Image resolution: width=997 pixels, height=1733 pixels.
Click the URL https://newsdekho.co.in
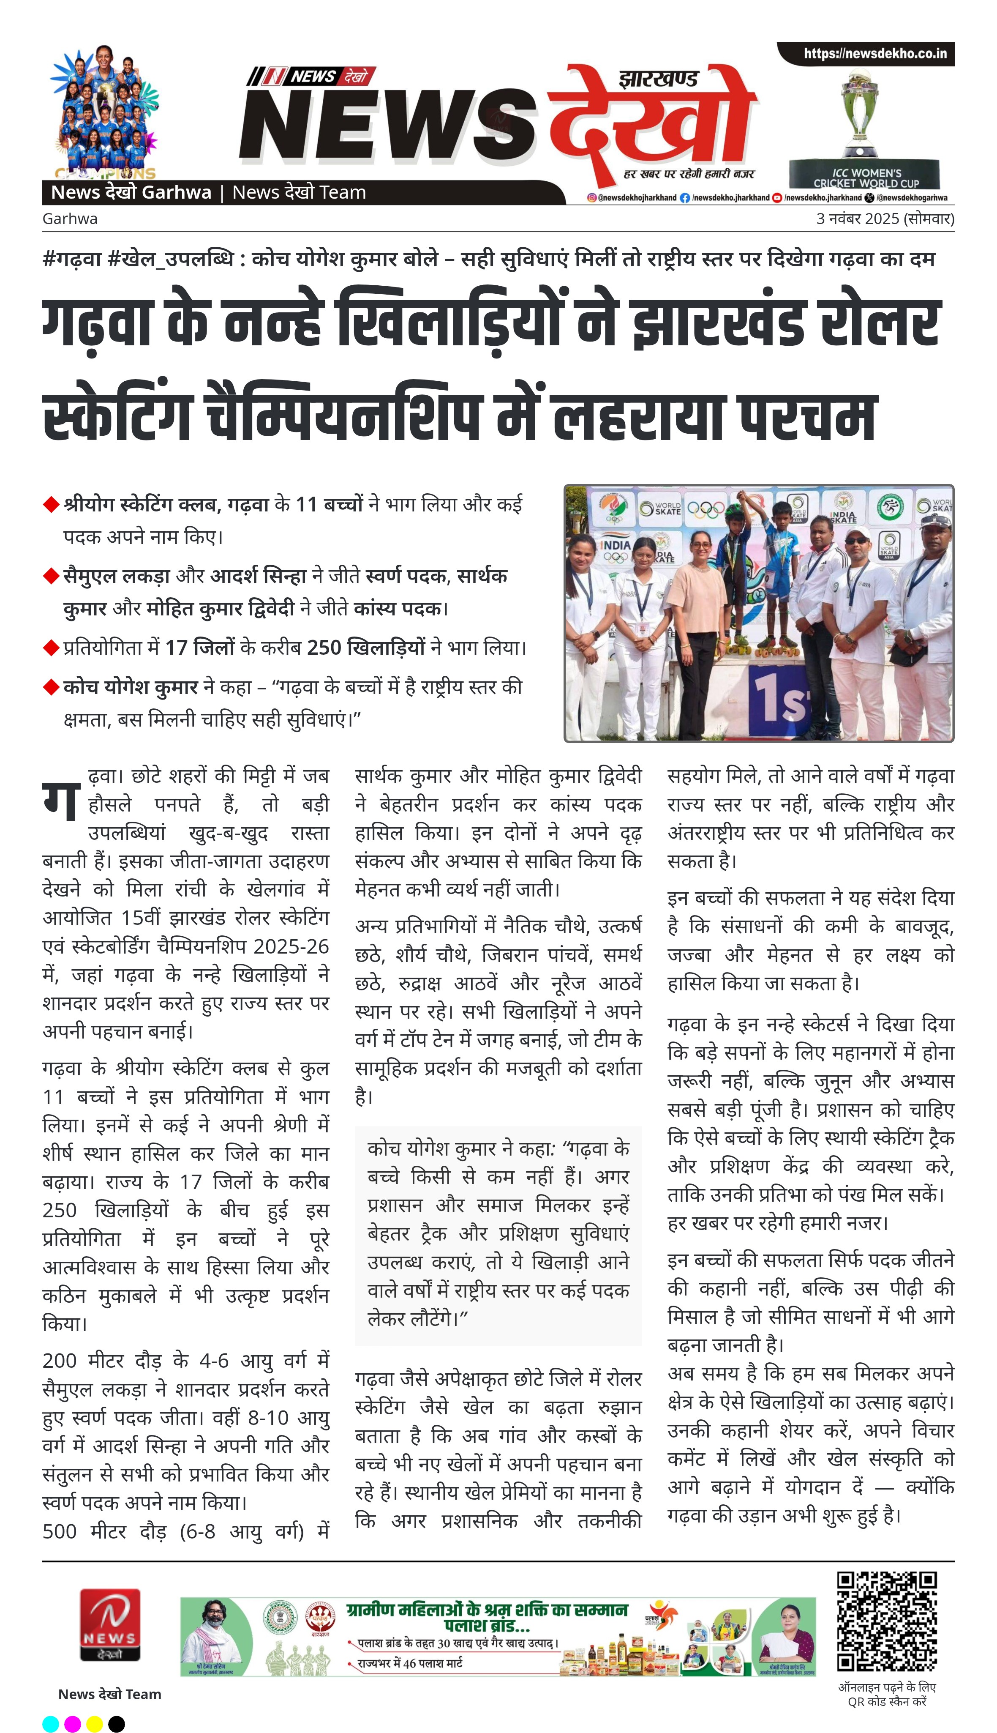click(x=874, y=53)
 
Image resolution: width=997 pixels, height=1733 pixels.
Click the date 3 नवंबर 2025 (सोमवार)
click(x=885, y=219)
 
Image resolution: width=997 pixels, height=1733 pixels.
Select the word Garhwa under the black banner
click(x=70, y=219)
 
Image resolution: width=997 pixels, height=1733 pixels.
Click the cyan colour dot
click(x=51, y=1724)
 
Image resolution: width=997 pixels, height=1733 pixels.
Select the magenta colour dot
click(x=73, y=1724)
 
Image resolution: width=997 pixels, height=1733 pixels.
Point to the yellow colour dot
click(x=95, y=1724)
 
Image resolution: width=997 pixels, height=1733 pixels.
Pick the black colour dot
click(x=117, y=1724)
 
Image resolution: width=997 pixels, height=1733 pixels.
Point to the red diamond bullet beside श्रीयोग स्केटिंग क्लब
click(x=51, y=505)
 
